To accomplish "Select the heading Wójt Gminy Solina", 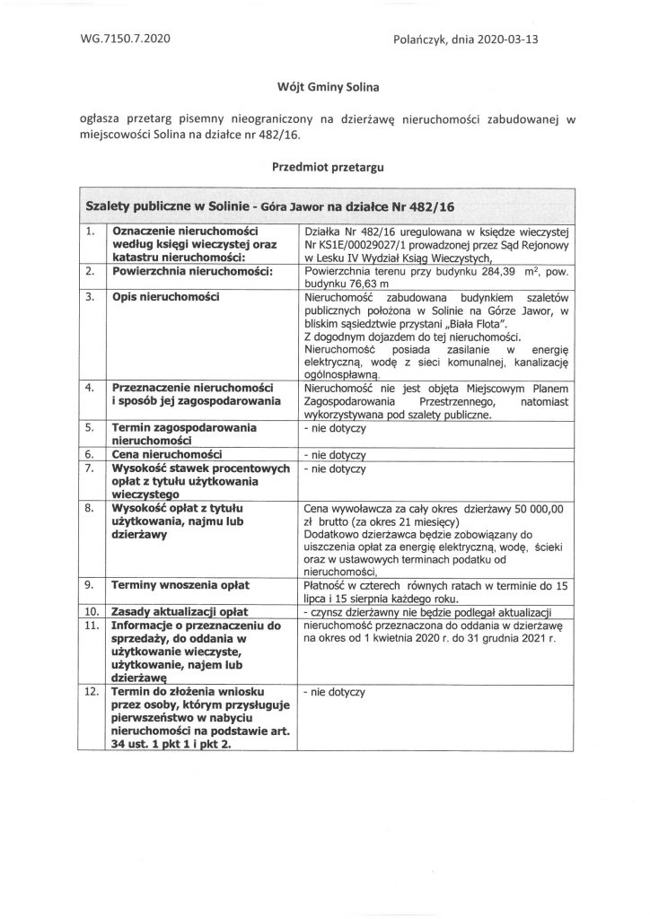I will click(x=324, y=87).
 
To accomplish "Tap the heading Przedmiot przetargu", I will click(x=324, y=166).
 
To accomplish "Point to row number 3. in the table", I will click(x=89, y=295).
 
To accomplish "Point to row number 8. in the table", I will click(x=89, y=508).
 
